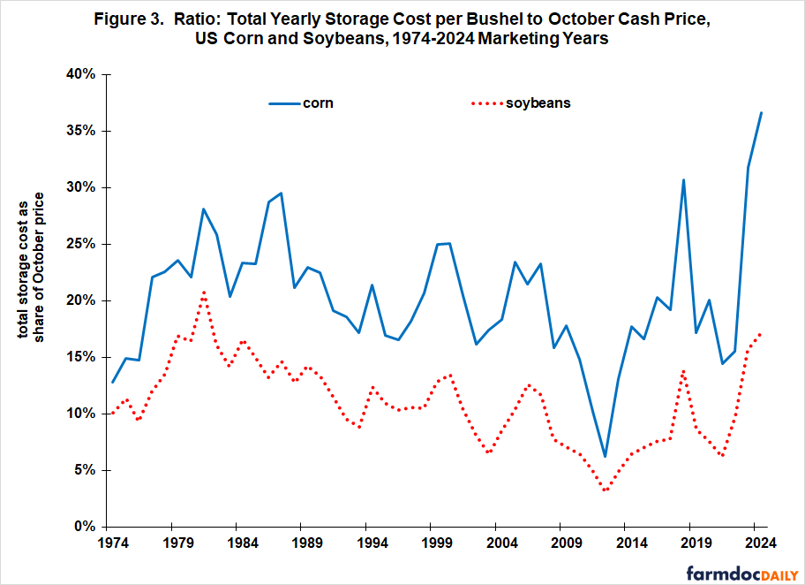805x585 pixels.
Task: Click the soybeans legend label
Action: pos(538,103)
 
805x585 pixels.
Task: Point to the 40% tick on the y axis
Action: pos(81,74)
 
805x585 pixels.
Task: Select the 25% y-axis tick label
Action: pos(81,244)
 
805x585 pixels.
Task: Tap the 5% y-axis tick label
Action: pos(85,470)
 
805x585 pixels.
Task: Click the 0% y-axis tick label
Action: pos(85,527)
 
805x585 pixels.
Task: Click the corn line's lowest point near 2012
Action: pos(606,456)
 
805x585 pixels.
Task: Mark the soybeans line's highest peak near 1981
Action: pos(204,292)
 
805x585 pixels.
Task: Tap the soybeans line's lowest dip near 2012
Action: pos(606,490)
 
